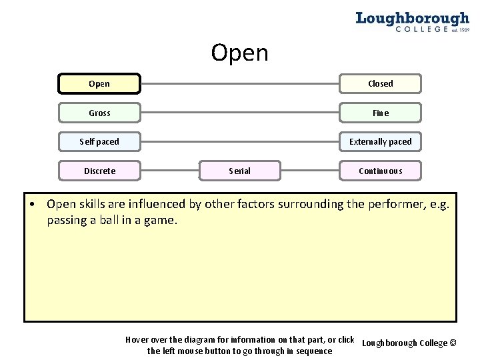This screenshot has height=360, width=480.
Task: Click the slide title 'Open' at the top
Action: [239, 53]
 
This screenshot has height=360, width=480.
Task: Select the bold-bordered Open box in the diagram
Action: [99, 84]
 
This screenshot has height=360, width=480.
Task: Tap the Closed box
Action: [381, 84]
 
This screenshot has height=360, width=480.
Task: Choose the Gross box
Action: [99, 113]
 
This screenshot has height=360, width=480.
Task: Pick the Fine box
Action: [381, 113]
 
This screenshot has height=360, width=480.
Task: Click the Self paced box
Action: [99, 142]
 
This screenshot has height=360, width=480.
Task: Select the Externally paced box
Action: [381, 142]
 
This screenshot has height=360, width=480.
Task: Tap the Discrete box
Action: [99, 171]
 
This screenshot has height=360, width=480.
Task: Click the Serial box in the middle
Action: [240, 171]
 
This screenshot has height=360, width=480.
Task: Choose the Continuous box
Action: [381, 171]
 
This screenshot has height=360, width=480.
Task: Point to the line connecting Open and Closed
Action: [240, 84]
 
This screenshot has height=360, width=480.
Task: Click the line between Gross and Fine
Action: [240, 113]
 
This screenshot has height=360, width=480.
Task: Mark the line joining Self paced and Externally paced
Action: [240, 142]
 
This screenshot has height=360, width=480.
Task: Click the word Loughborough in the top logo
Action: [412, 18]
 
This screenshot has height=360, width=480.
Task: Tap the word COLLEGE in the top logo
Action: [421, 29]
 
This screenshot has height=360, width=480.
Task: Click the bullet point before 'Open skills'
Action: [32, 204]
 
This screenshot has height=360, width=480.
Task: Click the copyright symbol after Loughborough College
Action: [453, 343]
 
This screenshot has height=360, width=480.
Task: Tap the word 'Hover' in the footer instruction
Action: [139, 340]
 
